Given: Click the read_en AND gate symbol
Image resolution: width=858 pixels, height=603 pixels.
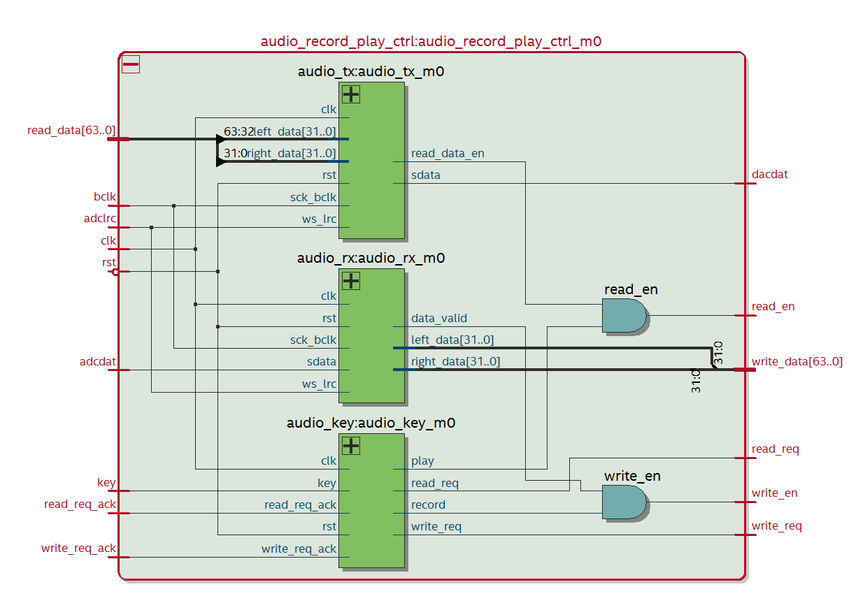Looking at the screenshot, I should coord(624,316).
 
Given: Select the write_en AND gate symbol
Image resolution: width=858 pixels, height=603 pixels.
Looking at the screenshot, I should coord(624,502).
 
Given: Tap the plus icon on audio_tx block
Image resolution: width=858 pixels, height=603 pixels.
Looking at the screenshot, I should coord(350,94).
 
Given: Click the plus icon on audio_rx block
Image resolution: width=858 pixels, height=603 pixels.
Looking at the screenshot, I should coord(350,280).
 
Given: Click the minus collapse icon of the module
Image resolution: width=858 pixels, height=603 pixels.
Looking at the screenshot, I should coord(131,64).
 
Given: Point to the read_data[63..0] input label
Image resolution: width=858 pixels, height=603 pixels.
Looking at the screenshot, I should coord(71,130).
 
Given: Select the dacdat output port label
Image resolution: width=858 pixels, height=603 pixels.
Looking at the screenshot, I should coord(769,174).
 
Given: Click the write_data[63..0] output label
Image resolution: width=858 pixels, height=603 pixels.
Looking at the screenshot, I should coord(796,361).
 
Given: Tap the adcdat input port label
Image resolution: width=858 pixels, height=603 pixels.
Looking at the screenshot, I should coord(98,362).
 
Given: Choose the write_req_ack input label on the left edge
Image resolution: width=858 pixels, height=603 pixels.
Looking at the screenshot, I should coord(79,548).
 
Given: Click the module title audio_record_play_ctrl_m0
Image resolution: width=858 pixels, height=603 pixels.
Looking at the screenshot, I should coord(431,41).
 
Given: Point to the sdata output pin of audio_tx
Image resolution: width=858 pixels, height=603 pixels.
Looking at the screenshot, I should coord(426,175).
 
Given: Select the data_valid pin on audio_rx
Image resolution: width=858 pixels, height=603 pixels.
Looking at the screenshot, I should coord(439,318).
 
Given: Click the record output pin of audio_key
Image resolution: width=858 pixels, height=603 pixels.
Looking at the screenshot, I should coord(428,504).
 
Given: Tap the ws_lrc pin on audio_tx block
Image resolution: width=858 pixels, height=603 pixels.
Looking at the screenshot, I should coord(319,219).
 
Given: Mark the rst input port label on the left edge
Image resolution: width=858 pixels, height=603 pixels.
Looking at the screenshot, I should coord(109,263).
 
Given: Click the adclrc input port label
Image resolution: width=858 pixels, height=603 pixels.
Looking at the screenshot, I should coord(100,219).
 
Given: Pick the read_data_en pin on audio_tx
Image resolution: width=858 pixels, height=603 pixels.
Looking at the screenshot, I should coord(448,153).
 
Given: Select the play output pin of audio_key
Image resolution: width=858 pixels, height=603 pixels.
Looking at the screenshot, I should coord(422,460).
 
